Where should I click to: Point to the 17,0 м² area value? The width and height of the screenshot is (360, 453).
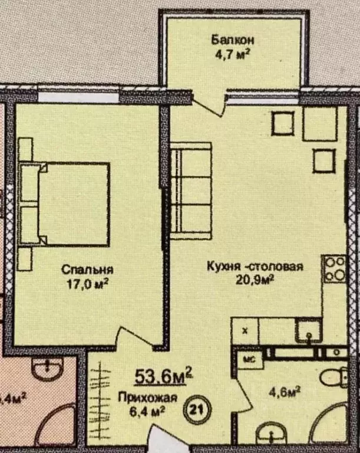[87, 284]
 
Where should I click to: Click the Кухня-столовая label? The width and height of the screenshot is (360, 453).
[255, 267]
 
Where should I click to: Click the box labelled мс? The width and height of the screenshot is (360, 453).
[249, 358]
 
